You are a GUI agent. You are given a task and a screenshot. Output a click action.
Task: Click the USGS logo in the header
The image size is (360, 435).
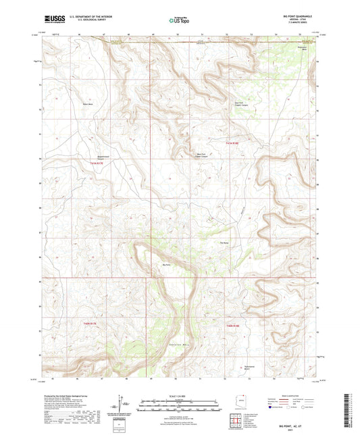pos(52,20)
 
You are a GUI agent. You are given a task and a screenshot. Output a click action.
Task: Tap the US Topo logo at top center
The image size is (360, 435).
pos(179,21)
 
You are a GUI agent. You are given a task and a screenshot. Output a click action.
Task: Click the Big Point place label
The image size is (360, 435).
pos(167,265)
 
